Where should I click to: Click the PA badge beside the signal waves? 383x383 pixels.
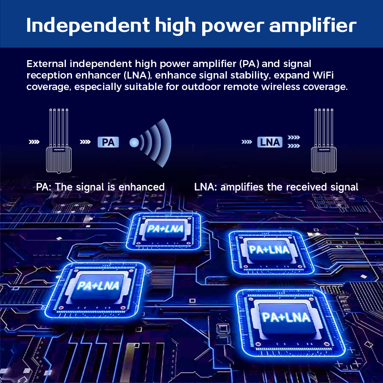108,142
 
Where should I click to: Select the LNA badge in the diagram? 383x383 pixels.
270,142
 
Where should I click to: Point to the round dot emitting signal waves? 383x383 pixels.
134,142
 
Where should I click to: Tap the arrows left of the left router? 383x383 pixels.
34,142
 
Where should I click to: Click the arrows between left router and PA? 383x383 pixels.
85,142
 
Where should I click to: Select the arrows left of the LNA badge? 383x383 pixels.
247,142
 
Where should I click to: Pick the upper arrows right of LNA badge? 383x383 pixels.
294,137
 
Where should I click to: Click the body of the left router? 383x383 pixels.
59,160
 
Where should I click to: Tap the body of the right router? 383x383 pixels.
324,160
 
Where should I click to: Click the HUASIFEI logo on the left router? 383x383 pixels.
59,149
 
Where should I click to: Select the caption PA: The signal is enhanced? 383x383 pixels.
100,187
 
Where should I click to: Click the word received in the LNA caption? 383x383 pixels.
306,187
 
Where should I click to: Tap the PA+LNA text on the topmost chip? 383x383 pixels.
165,229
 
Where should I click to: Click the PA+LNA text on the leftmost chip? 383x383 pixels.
98,286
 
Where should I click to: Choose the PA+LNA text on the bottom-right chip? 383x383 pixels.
286,317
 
